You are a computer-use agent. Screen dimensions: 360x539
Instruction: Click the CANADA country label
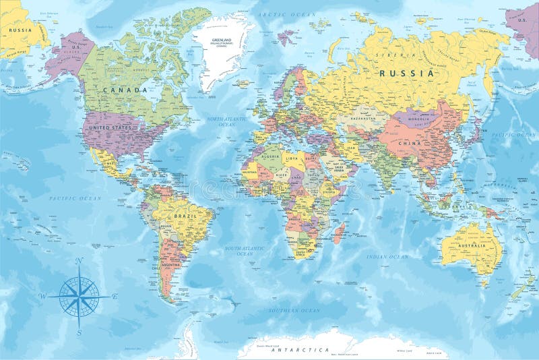(x=125, y=90)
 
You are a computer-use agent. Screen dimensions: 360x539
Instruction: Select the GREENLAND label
(x=221, y=40)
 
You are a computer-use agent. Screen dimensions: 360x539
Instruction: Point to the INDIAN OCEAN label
(x=387, y=257)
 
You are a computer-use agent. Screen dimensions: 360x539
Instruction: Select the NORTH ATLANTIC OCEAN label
(x=224, y=121)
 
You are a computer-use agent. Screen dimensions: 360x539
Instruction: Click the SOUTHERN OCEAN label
(x=294, y=310)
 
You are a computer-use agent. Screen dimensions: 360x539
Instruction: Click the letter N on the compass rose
(x=79, y=261)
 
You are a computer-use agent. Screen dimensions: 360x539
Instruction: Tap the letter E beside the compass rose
(x=115, y=295)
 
